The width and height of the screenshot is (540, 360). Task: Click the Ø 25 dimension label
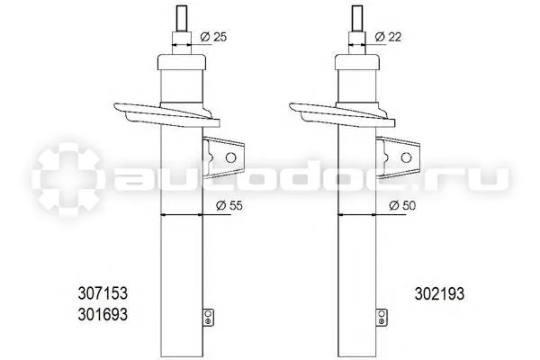[213, 37]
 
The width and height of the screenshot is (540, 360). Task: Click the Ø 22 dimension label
[388, 37]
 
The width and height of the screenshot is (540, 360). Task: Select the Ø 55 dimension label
[229, 206]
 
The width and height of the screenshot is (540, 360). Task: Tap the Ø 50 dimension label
[402, 206]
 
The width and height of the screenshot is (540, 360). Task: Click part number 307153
[103, 293]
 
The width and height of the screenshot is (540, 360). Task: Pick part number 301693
[103, 314]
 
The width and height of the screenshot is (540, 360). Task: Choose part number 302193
[439, 294]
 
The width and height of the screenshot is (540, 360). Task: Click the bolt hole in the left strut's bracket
[230, 157]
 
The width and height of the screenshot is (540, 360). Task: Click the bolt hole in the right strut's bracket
[407, 157]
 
